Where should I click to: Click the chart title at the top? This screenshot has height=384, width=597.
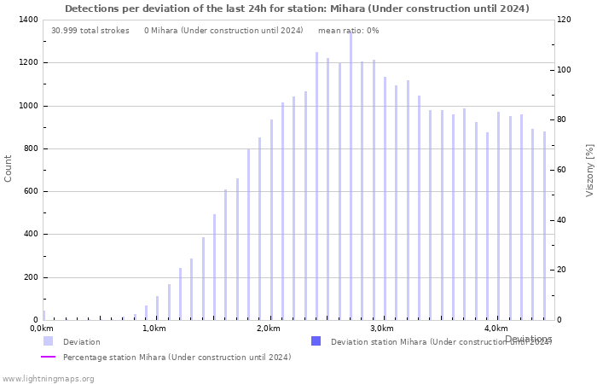pos(297,9)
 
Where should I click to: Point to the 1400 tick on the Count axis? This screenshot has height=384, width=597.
pos(26,20)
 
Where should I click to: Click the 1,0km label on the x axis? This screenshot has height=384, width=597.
pos(154,329)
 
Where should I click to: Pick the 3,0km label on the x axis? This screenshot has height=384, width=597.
pos(381,329)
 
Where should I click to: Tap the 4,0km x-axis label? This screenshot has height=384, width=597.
pos(496,329)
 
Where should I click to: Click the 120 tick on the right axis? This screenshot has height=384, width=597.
pos(565,20)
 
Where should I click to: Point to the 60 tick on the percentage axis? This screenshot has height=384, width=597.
pos(562,170)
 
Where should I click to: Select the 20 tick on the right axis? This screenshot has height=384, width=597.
pos(562,270)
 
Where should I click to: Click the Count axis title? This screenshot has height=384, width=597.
pos(9,168)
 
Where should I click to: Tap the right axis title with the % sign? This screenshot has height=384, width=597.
pos(589,170)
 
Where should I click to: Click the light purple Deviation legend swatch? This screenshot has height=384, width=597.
pos(48,341)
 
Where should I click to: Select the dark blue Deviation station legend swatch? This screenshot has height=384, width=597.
pos(316,341)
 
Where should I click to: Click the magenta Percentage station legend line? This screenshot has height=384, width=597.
pos(48,357)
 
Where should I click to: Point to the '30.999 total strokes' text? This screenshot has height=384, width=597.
pos(90,31)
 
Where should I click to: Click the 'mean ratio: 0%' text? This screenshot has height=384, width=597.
pos(348,31)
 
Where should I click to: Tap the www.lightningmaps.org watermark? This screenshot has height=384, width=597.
pos(48,379)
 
